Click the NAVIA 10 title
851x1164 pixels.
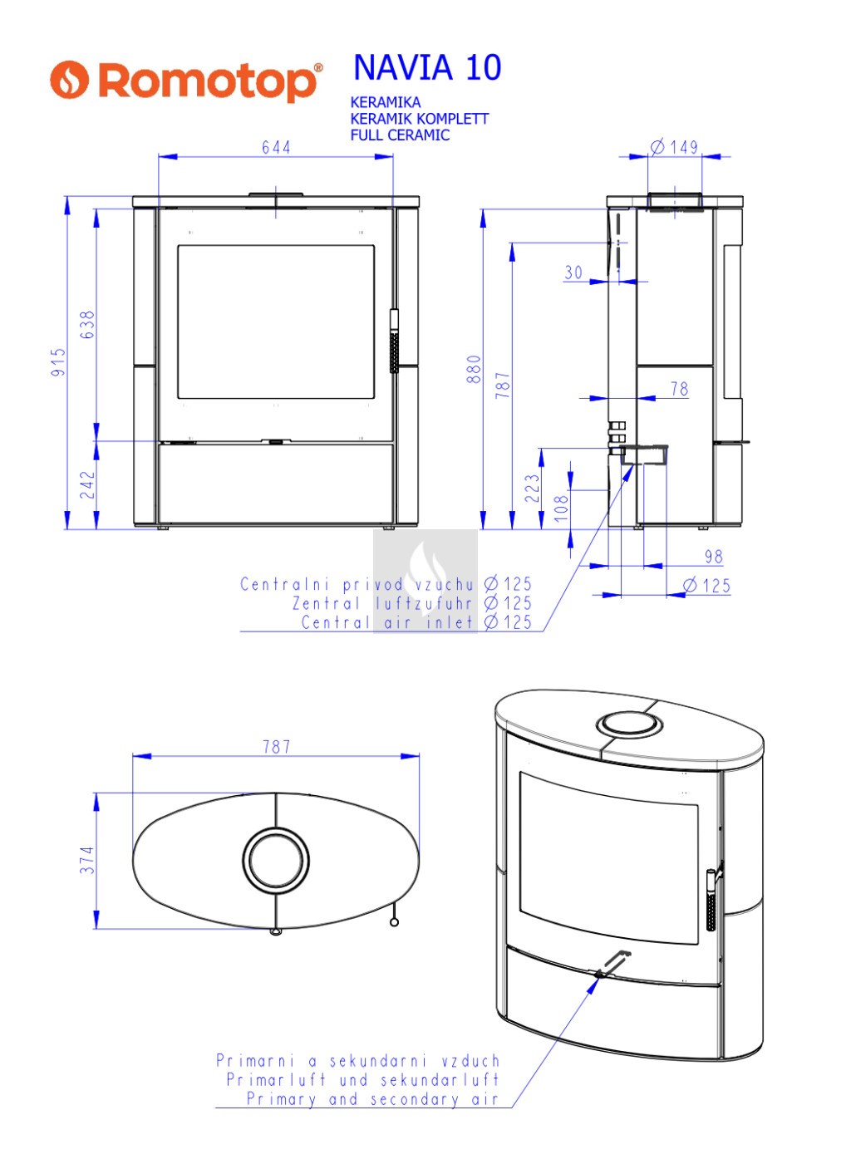426,67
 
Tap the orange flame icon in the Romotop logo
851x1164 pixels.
69,80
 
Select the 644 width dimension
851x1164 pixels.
276,148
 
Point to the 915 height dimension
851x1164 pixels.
58,362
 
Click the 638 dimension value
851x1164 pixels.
87,325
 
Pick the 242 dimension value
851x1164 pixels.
87,485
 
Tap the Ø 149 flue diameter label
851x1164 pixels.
674,147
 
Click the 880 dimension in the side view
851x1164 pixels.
474,369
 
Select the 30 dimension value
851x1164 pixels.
573,273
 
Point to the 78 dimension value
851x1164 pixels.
680,389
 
